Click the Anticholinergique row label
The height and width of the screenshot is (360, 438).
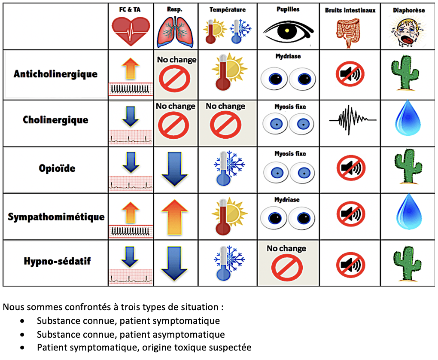tap(55, 74)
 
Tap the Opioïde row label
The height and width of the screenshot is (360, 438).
tap(57, 168)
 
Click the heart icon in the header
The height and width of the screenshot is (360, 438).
tap(131, 31)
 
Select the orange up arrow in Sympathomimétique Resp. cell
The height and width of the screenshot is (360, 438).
tap(174, 215)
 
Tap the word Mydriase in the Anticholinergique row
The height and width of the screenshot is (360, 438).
tap(287, 56)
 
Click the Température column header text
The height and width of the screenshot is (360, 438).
tap(228, 9)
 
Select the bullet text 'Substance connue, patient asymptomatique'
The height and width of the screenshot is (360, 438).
tap(131, 334)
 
